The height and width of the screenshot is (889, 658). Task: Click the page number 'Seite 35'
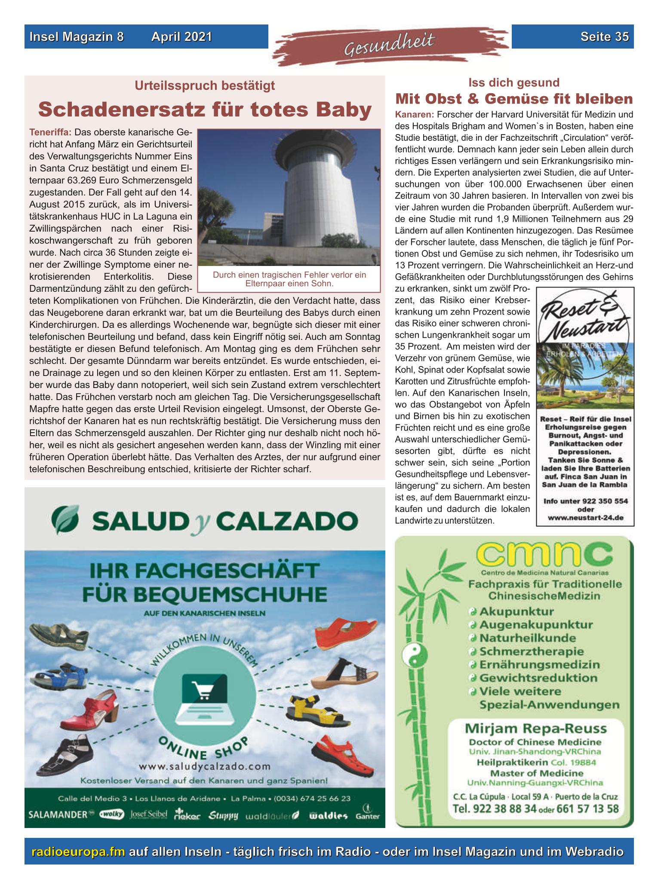604,37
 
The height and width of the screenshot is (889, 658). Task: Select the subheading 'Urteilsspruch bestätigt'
204,86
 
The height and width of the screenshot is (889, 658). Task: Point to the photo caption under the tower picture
289,279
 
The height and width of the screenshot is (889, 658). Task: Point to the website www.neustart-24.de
585,518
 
